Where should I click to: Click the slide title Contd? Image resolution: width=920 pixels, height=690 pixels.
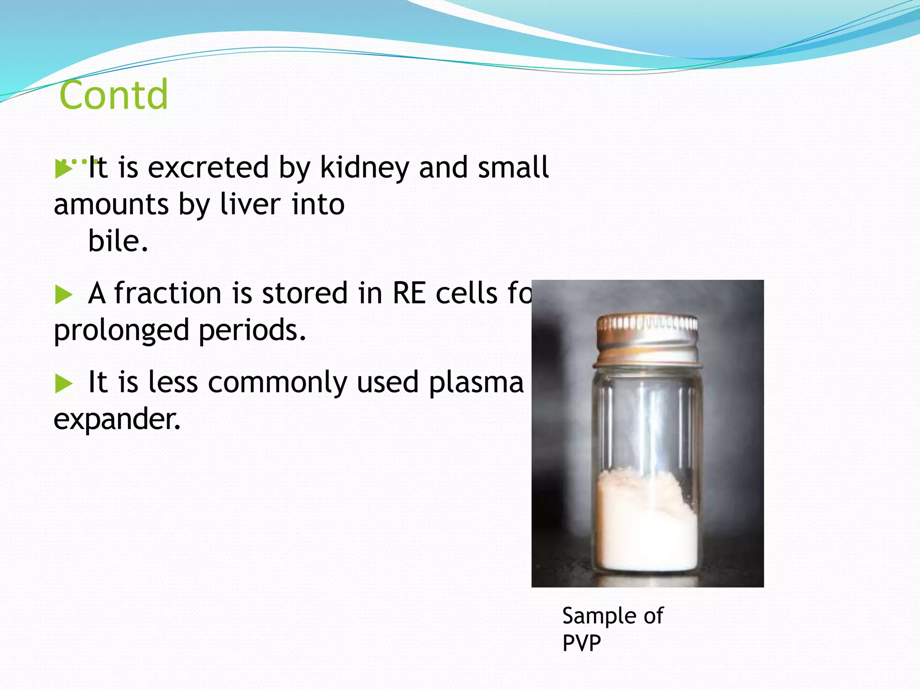[x=114, y=95]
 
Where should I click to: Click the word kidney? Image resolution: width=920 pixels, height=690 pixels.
[x=364, y=168]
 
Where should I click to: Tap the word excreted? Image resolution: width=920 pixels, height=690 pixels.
[x=208, y=168]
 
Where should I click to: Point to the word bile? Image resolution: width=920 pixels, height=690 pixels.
[x=118, y=241]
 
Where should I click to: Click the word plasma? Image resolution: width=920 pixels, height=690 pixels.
[x=476, y=383]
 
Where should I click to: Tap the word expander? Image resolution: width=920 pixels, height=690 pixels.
[x=117, y=419]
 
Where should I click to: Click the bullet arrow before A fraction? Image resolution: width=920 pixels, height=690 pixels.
[x=63, y=295]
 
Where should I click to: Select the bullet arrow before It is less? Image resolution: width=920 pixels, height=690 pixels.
[x=63, y=384]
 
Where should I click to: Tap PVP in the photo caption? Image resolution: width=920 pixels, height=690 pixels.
[x=581, y=643]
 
